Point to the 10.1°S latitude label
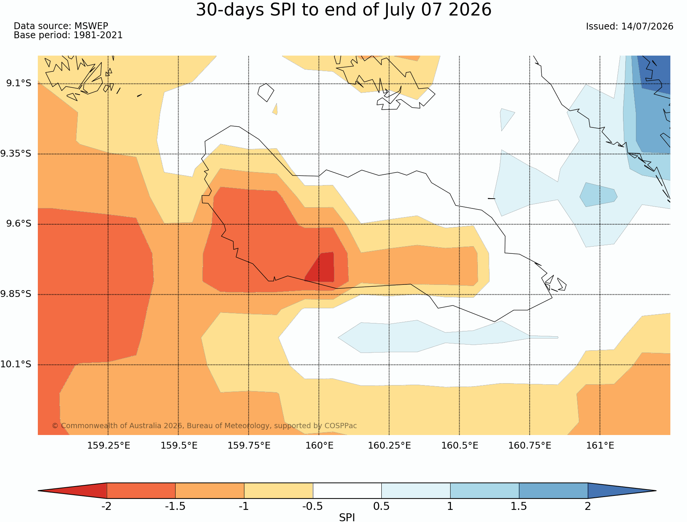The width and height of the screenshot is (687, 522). [16, 364]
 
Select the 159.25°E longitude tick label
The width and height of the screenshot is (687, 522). [109, 446]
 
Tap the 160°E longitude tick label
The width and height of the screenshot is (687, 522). [319, 446]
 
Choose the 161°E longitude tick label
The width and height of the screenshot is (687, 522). [600, 446]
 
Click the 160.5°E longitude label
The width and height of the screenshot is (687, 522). [460, 446]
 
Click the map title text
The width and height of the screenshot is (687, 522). [343, 10]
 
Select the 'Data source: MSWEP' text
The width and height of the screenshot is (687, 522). [61, 26]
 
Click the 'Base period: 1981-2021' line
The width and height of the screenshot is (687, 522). [68, 35]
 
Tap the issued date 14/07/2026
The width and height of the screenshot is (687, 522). [647, 26]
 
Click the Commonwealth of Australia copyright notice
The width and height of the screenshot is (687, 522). [204, 426]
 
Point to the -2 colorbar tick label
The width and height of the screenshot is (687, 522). [106, 506]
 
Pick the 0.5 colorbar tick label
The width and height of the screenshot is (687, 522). [381, 506]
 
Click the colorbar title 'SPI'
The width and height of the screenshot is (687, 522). [347, 517]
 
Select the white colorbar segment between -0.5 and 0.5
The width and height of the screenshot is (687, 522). [347, 491]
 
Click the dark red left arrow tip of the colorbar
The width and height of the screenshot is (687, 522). [39, 491]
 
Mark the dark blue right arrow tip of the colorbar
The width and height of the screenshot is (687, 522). [656, 491]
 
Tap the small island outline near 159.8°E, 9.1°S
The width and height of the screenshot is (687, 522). [266, 92]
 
